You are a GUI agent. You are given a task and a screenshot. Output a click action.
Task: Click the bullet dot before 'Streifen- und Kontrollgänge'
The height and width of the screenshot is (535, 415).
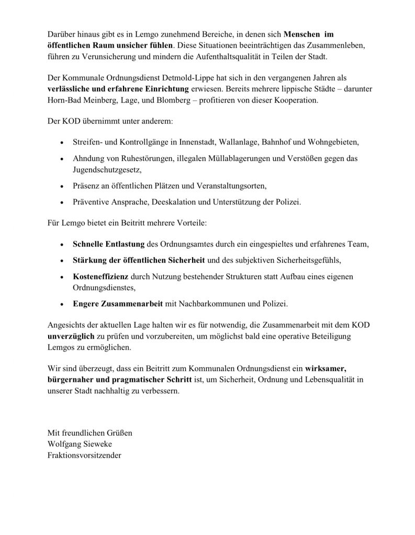click(x=63, y=143)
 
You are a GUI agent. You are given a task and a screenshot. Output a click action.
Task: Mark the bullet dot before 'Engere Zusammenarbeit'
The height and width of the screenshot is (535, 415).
click(x=63, y=304)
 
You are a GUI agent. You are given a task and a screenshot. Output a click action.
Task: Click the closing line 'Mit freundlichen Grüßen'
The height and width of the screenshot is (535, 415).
click(x=89, y=433)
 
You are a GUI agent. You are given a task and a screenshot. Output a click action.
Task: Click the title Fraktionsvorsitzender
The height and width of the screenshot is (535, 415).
click(x=84, y=456)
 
